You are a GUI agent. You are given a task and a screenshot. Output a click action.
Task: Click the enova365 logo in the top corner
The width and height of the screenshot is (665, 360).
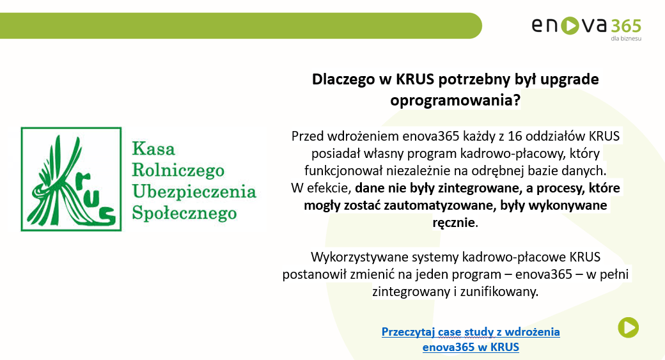coord(586,26)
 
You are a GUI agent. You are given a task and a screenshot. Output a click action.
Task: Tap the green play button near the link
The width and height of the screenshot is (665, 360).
coord(628,327)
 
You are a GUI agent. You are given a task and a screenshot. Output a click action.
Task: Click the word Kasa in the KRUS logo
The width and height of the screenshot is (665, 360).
coord(153,150)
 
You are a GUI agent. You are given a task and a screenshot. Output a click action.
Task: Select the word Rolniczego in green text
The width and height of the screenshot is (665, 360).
coord(177,170)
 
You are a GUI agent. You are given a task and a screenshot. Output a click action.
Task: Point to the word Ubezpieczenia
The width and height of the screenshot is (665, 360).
coord(193,191)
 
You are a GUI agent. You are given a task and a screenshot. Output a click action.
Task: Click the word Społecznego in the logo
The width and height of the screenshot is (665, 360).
coord(184,212)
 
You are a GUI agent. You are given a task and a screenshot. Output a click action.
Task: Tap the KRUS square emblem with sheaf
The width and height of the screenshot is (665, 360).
coord(71,179)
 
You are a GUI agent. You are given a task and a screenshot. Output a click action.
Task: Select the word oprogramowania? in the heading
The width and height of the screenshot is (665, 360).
coord(455,101)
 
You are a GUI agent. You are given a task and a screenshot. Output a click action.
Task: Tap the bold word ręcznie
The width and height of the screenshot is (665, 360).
coord(454,223)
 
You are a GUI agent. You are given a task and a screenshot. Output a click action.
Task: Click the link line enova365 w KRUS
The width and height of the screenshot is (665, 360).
coord(471,347)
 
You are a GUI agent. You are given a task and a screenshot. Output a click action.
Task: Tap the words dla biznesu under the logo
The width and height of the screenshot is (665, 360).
coord(626,39)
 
